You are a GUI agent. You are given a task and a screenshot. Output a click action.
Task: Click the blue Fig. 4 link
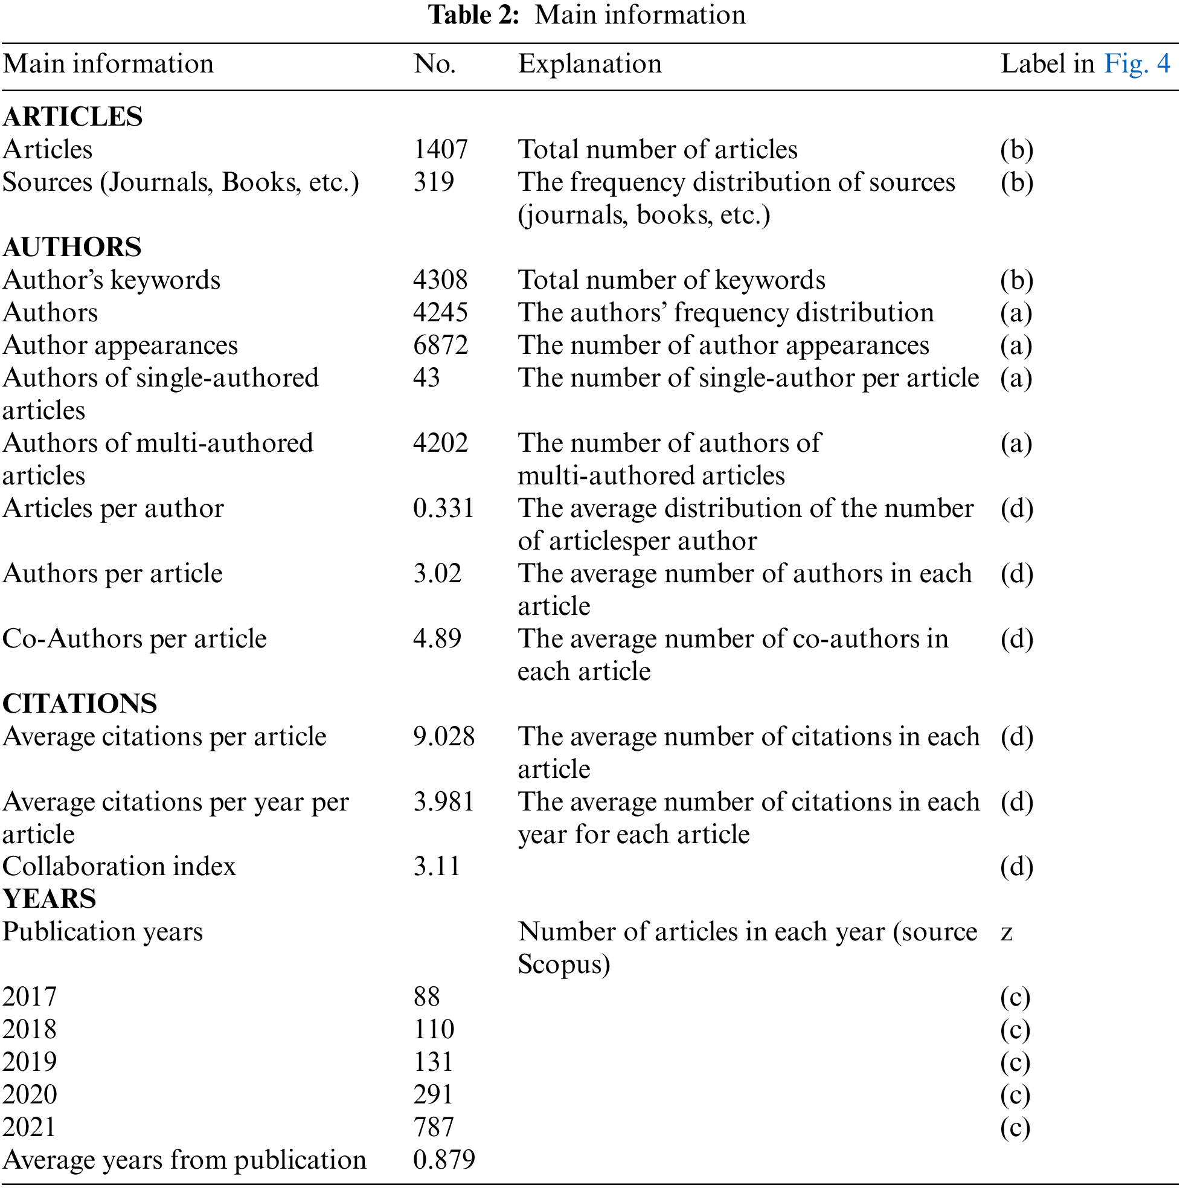pyautogui.click(x=1137, y=64)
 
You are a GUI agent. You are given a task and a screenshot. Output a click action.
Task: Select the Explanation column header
pyautogui.click(x=589, y=64)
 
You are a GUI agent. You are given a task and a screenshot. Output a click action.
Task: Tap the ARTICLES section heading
pyautogui.click(x=72, y=117)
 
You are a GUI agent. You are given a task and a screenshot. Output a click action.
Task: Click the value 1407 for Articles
pyautogui.click(x=440, y=149)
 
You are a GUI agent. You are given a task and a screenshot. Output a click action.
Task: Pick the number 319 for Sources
pyautogui.click(x=434, y=182)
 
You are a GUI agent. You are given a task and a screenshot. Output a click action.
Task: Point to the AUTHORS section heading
pyautogui.click(x=72, y=247)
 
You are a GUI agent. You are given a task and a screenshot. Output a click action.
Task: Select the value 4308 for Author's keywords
pyautogui.click(x=440, y=280)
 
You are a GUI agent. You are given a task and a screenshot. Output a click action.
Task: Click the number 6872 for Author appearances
pyautogui.click(x=440, y=345)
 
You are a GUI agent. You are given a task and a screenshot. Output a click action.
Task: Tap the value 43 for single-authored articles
pyautogui.click(x=426, y=377)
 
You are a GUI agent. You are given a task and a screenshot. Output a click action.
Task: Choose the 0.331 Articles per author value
pyautogui.click(x=443, y=509)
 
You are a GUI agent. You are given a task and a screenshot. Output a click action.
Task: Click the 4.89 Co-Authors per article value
pyautogui.click(x=437, y=639)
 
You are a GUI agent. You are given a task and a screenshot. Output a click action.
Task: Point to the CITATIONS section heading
pyautogui.click(x=80, y=704)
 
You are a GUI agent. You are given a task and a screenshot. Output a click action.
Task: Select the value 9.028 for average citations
pyautogui.click(x=443, y=737)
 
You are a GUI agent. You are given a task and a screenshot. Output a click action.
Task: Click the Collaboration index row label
pyautogui.click(x=120, y=867)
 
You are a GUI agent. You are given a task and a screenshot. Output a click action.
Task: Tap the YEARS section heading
pyautogui.click(x=49, y=899)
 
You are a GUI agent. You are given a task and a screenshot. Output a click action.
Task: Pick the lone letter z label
pyautogui.click(x=1007, y=932)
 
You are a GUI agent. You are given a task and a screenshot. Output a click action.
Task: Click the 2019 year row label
pyautogui.click(x=30, y=1062)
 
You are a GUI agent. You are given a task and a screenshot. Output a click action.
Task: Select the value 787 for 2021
pyautogui.click(x=434, y=1127)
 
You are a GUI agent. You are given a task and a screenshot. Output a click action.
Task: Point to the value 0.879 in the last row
pyautogui.click(x=443, y=1160)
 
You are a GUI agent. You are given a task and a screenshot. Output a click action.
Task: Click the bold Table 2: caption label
pyautogui.click(x=473, y=14)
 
